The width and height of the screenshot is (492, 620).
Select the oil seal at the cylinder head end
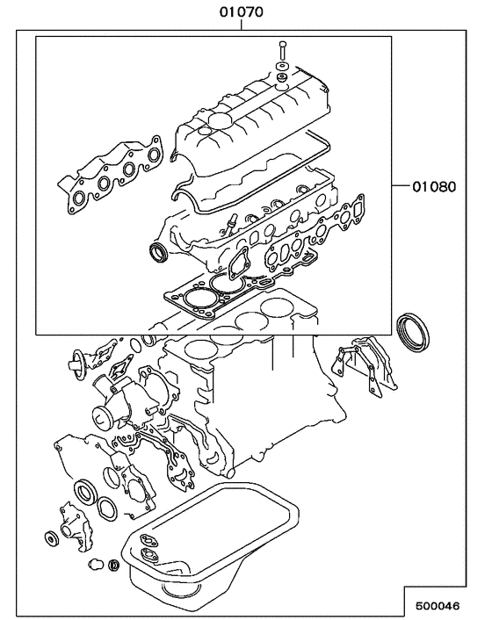coord(159,254)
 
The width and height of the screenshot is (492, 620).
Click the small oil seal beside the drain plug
coord(113,563)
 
